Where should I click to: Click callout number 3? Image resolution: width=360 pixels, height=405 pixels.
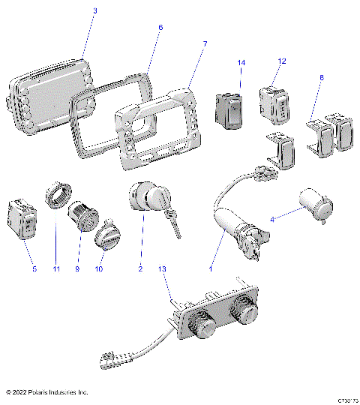tap(94, 10)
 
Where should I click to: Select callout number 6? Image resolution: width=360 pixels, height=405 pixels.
tap(160, 27)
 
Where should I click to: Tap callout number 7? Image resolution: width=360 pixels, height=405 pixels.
tap(205, 45)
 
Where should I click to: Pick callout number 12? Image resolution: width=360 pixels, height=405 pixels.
tap(282, 61)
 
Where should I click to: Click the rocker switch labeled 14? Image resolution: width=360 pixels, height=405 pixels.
tap(229, 107)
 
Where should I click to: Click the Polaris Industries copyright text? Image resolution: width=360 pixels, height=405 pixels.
tap(46, 392)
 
